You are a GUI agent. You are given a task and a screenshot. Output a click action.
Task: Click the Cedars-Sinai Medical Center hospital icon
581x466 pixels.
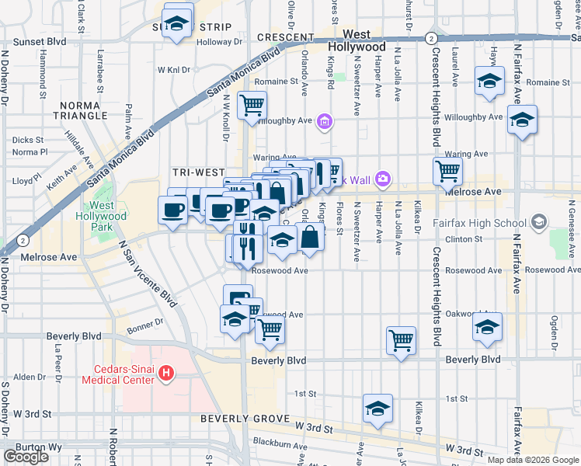point(165,374)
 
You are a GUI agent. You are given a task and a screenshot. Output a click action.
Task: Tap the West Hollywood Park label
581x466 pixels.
point(103,216)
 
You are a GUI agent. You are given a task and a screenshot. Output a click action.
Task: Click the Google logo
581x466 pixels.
point(26,456)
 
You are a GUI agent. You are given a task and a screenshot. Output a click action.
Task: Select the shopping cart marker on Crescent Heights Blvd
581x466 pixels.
point(447,170)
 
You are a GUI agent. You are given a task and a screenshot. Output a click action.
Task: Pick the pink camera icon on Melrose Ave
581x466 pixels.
point(382,179)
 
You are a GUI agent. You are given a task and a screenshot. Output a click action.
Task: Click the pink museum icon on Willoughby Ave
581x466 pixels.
point(325,121)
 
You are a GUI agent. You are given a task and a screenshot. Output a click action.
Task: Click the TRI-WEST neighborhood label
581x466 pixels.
point(197,172)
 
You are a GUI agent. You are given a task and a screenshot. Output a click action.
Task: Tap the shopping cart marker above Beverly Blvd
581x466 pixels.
point(401,339)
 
